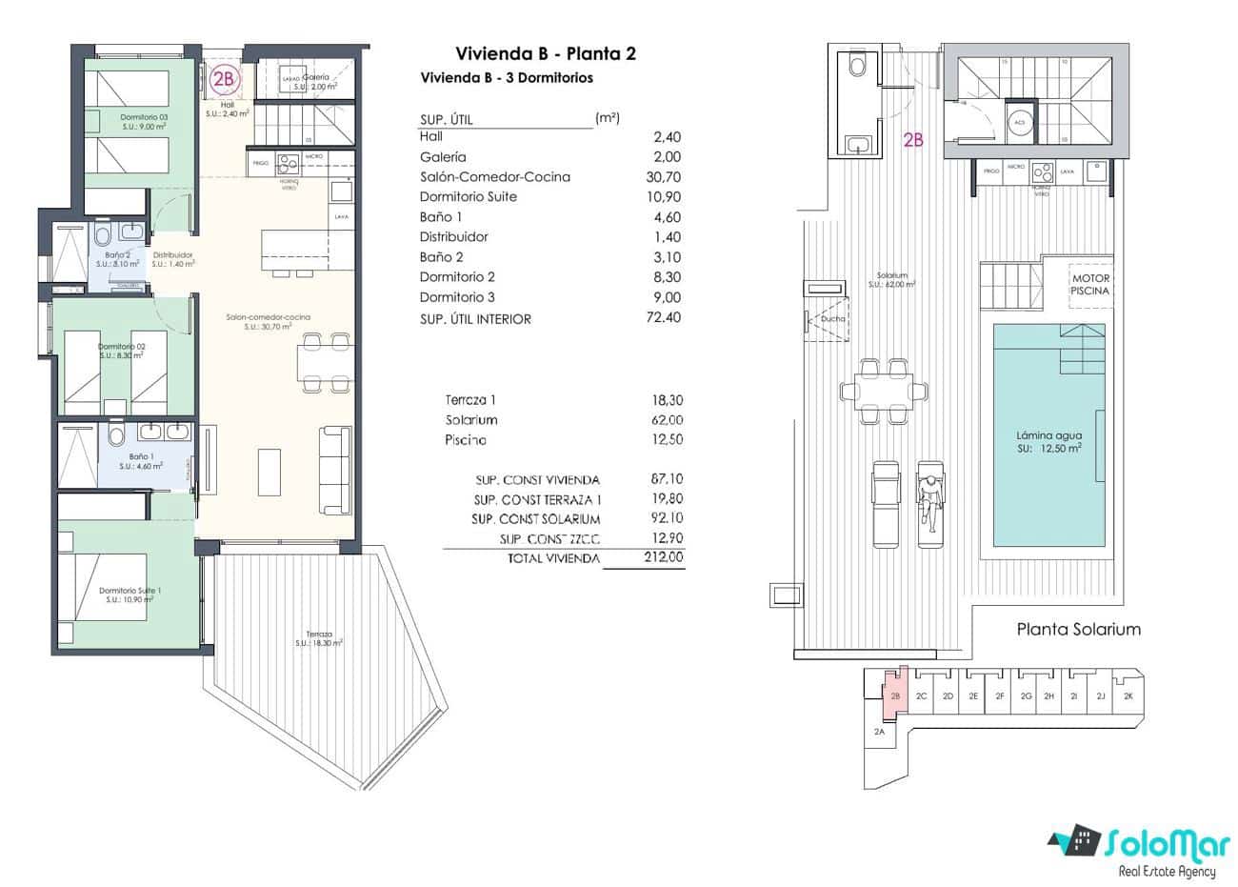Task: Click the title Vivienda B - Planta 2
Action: (x=546, y=53)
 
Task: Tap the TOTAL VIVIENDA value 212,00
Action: (x=663, y=558)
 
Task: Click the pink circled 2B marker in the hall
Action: (x=224, y=80)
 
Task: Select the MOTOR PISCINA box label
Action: (x=1089, y=285)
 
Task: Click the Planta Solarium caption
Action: (x=1078, y=629)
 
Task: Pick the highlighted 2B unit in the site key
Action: (x=895, y=696)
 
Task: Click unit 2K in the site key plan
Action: (x=1128, y=696)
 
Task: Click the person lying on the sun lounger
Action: (x=929, y=495)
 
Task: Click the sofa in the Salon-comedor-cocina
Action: (x=332, y=469)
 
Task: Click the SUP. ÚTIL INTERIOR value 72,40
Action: (x=663, y=318)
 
